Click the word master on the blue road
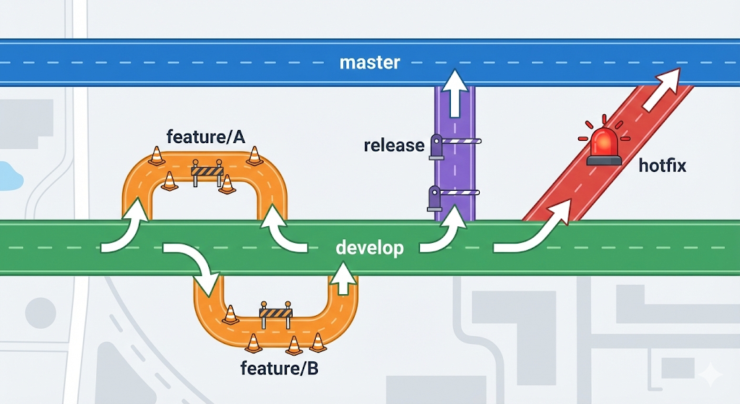(369, 62)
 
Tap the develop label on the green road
(369, 248)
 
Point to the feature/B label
(279, 369)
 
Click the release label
(394, 145)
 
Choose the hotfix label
(662, 166)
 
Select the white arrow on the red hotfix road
(661, 90)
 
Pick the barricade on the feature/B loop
(275, 312)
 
